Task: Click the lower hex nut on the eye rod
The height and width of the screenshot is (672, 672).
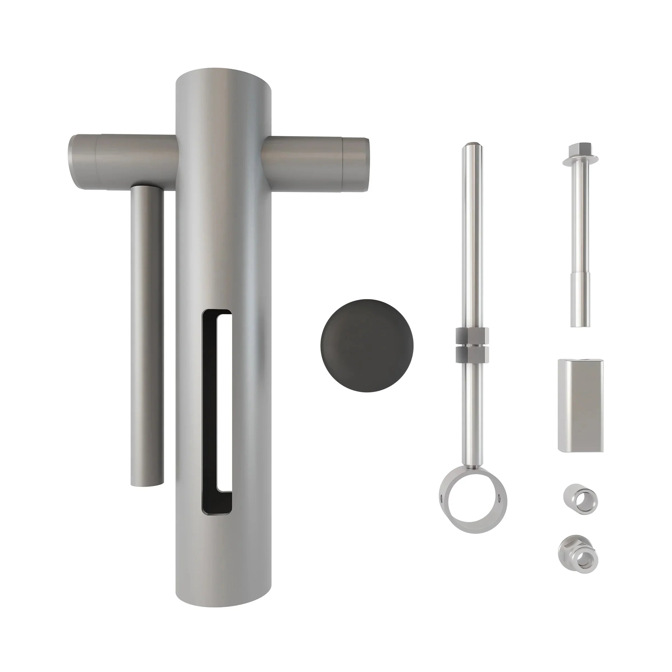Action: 472,354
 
